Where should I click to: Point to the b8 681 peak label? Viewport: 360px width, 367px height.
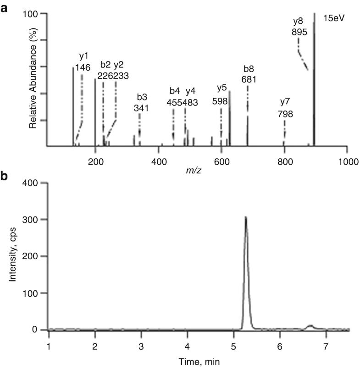coord(249,74)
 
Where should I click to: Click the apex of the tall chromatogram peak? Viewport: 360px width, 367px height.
coord(246,217)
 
